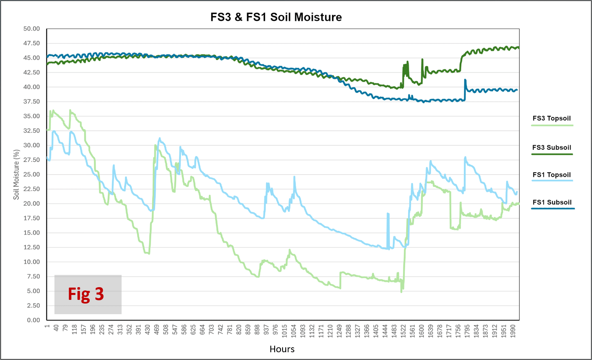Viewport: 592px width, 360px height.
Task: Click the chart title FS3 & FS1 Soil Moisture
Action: point(276,17)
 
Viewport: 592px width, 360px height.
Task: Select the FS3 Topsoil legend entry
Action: point(551,119)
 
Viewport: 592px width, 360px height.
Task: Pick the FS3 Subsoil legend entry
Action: point(551,148)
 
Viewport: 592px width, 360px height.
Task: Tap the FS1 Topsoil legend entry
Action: point(551,175)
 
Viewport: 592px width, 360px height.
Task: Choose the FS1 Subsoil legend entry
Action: point(552,202)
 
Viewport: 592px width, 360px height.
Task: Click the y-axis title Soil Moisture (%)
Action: point(16,175)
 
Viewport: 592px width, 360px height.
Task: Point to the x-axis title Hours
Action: point(282,349)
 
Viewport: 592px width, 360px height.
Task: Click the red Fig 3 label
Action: point(86,294)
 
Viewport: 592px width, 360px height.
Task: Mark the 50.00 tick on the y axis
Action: point(32,29)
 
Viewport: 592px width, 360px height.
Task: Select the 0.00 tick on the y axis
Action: point(33,320)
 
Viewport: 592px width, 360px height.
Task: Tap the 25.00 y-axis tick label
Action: point(32,175)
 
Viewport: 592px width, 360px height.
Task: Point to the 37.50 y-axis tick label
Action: point(32,102)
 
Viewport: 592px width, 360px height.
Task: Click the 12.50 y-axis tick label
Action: point(32,248)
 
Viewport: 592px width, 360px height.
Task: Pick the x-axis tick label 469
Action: point(157,330)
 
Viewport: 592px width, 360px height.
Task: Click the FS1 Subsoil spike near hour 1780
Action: point(465,81)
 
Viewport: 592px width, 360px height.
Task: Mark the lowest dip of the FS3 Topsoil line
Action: point(401,291)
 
